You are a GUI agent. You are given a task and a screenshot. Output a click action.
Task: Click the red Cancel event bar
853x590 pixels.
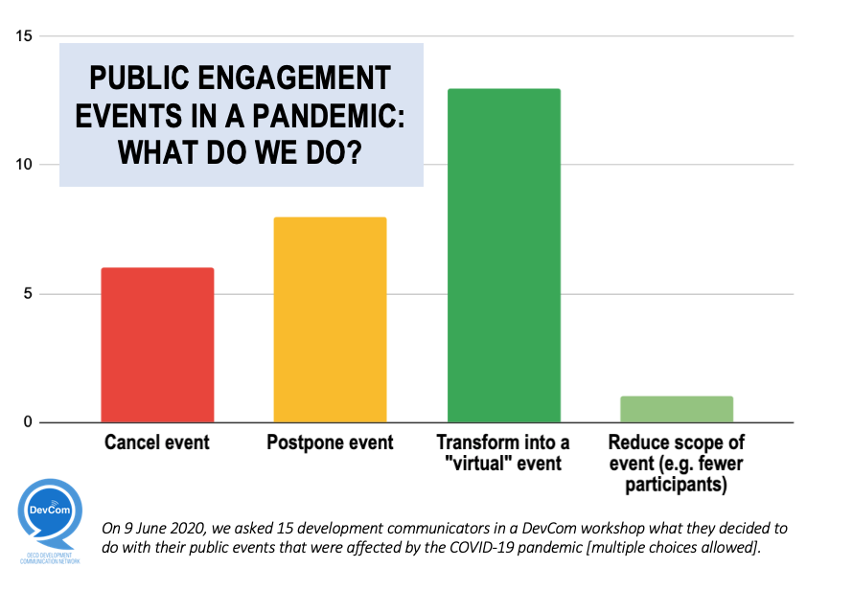coord(157,345)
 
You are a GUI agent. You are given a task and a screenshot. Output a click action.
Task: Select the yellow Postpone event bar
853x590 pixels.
coord(330,320)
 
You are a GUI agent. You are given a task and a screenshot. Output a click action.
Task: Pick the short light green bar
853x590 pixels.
coord(677,409)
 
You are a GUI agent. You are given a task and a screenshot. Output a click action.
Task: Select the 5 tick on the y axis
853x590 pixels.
coord(27,294)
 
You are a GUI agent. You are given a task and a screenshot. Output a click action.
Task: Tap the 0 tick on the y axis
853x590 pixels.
coord(27,422)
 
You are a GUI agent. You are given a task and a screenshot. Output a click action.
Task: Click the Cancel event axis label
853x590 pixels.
coord(157,443)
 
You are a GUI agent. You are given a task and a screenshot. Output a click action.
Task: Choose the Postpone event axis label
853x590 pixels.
coord(330,443)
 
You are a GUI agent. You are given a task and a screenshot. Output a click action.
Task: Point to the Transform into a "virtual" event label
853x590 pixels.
coord(503,453)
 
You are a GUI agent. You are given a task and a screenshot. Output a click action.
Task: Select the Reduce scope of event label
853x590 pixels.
coord(677,463)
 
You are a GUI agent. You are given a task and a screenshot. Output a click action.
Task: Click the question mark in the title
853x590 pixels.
coord(351,151)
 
